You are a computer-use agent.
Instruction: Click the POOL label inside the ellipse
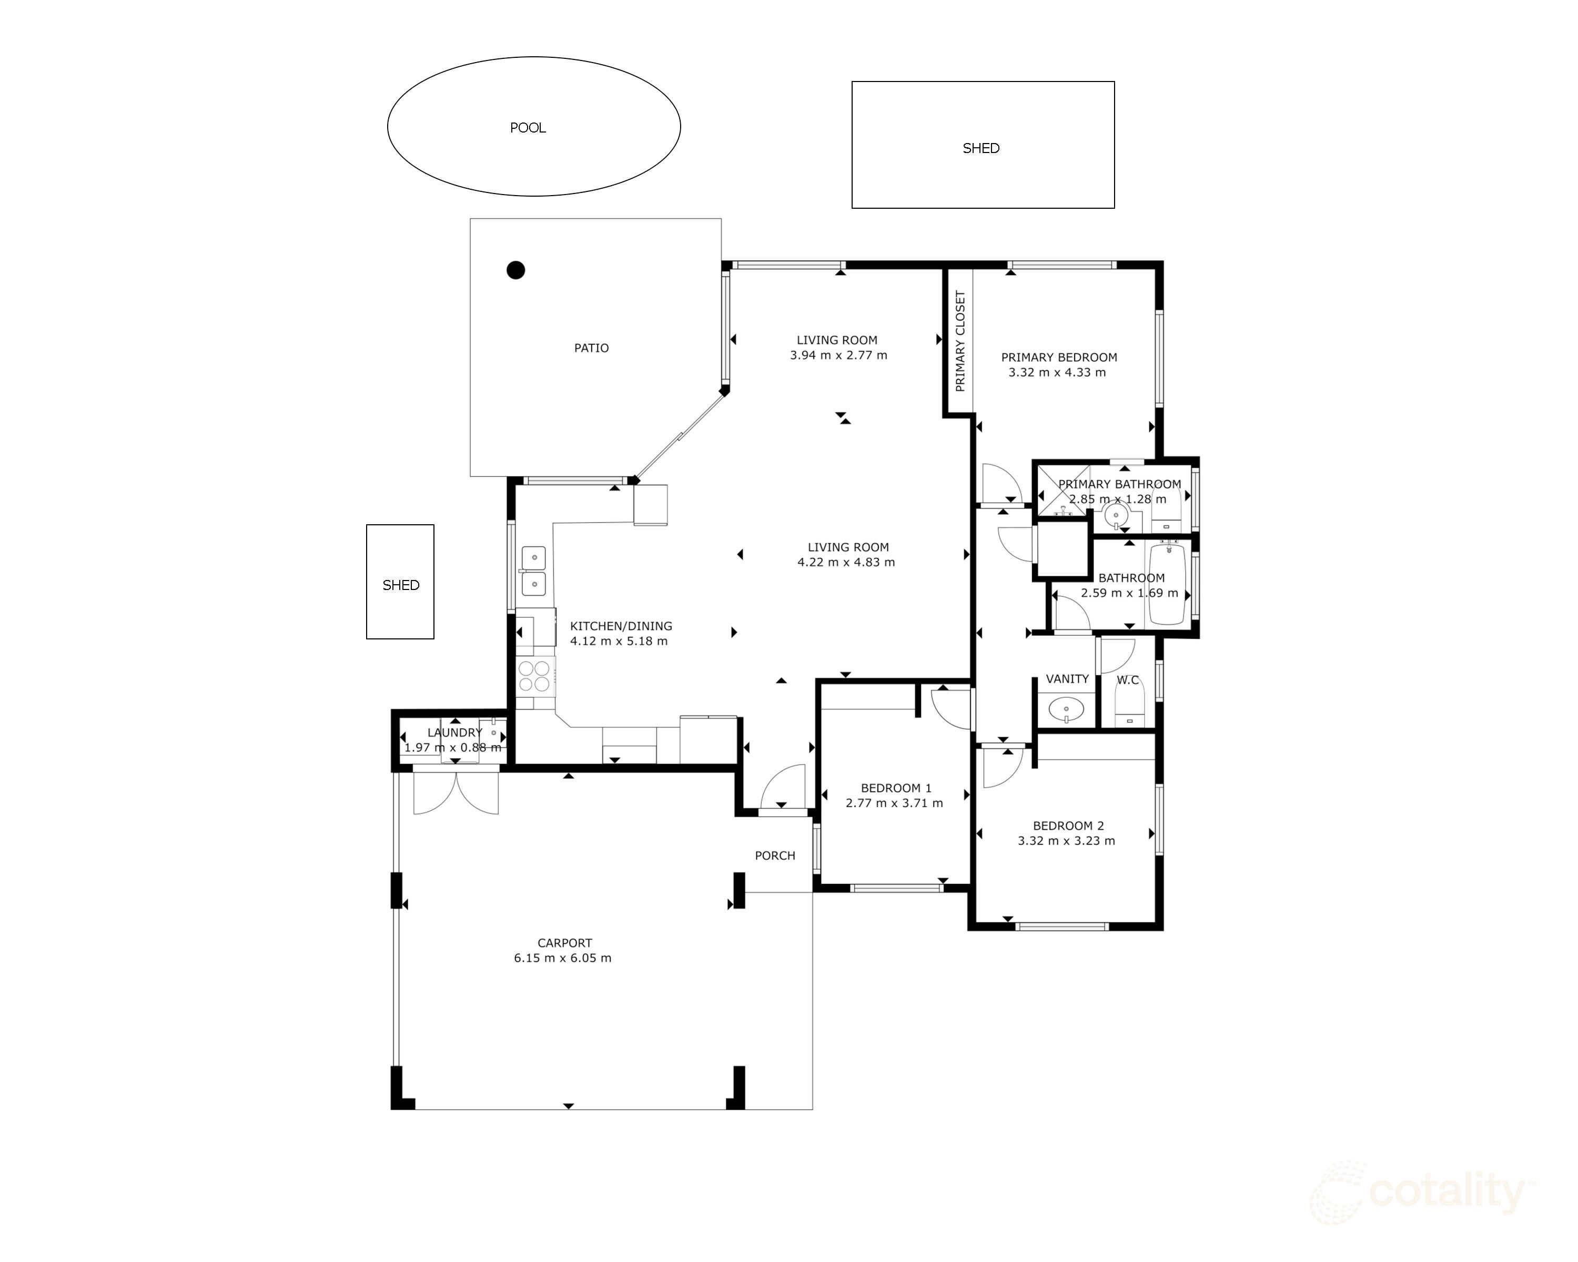[x=528, y=128]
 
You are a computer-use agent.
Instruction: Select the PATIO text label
[x=591, y=348]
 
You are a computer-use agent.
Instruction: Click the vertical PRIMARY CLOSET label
[x=960, y=341]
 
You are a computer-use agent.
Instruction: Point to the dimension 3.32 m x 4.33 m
[x=1058, y=372]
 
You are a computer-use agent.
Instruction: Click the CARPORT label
[x=564, y=943]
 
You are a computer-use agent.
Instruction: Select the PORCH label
[x=775, y=856]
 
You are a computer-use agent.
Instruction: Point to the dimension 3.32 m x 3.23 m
[x=1066, y=841]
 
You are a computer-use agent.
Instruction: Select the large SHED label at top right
[x=981, y=148]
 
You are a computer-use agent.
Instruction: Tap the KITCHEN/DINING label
[x=621, y=626]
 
